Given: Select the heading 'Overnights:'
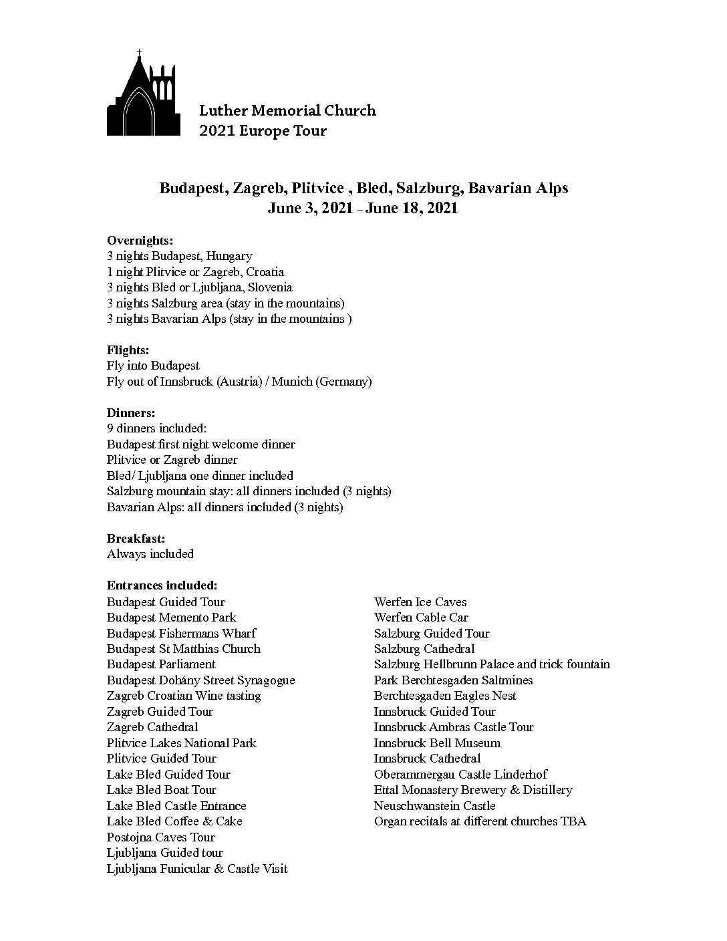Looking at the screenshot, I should pyautogui.click(x=140, y=241).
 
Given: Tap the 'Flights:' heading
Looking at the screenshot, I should pyautogui.click(x=128, y=350).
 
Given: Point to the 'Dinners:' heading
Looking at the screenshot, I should pyautogui.click(x=130, y=413).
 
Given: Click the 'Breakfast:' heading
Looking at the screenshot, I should pyautogui.click(x=136, y=538).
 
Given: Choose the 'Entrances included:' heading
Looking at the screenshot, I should pyautogui.click(x=162, y=585).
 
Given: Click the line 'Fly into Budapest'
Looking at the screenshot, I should pyautogui.click(x=153, y=366).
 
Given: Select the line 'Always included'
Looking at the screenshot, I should pyautogui.click(x=150, y=554).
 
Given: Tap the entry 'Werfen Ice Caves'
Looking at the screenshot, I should pyautogui.click(x=420, y=601).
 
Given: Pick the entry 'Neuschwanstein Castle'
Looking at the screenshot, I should pyautogui.click(x=434, y=805).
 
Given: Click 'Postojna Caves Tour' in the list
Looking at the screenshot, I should pyautogui.click(x=160, y=837).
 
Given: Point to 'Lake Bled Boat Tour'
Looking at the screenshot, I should pyautogui.click(x=161, y=790).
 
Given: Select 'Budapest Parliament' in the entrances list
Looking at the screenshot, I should pyautogui.click(x=161, y=664).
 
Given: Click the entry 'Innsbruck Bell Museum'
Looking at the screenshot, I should pyautogui.click(x=437, y=743).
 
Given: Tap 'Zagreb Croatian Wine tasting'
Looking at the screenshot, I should pyautogui.click(x=184, y=696).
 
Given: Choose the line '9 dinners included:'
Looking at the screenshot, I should pyautogui.click(x=156, y=428).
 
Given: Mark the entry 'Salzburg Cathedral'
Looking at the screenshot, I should pyautogui.click(x=424, y=648).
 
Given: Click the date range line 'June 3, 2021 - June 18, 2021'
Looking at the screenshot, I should pyautogui.click(x=363, y=208).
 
